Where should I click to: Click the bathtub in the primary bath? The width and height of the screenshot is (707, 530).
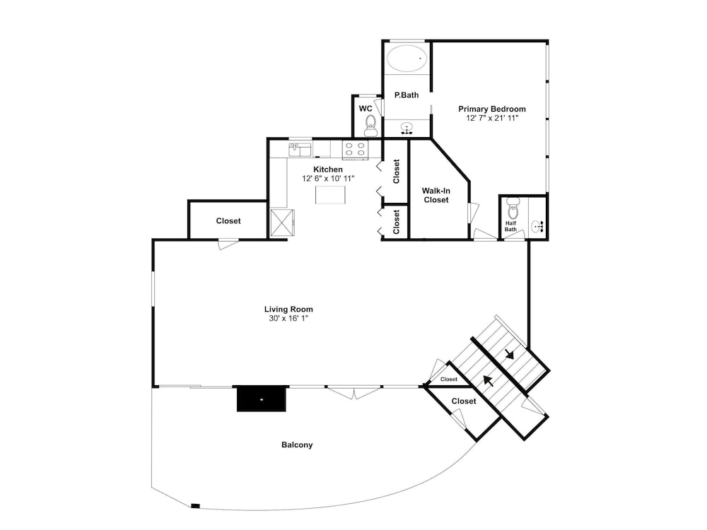[x=407, y=58]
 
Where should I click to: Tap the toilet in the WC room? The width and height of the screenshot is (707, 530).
[x=370, y=125]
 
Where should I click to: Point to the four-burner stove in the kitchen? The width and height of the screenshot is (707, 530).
[x=355, y=149]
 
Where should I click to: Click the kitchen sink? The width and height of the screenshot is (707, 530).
[x=300, y=149]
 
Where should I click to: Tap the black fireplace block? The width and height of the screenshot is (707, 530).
[x=262, y=399]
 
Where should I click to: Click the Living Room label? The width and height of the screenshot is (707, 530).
[x=288, y=310]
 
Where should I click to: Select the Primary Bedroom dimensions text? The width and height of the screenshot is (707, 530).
[x=492, y=118]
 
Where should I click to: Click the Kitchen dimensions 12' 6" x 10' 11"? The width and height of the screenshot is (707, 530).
[x=328, y=179]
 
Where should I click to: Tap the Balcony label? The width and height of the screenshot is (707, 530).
[x=297, y=444]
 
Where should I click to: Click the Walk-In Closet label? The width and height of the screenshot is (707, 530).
[x=436, y=195]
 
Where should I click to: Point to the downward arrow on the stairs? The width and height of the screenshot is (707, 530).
[x=510, y=354]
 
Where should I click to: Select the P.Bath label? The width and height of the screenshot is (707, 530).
[x=407, y=95]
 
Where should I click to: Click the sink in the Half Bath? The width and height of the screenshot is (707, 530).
[x=537, y=226]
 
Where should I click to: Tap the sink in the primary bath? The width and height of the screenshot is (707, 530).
[x=407, y=129]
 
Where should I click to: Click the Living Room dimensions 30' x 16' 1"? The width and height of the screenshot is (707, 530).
[x=288, y=319]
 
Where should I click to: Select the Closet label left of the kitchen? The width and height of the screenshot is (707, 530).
[x=228, y=220]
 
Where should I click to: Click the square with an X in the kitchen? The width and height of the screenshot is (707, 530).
[x=282, y=223]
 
